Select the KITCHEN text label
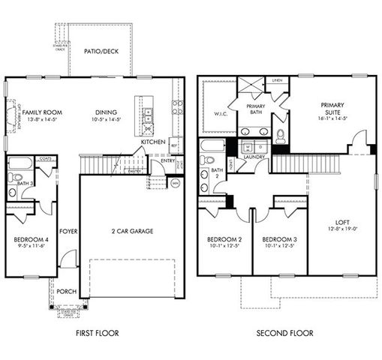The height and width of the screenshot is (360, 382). (x=153, y=142)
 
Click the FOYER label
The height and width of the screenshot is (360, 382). (x=69, y=231)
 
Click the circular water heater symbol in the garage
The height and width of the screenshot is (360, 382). (x=176, y=182)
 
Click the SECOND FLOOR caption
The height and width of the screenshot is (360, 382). (x=284, y=333)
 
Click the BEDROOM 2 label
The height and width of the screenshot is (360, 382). (x=224, y=240)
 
